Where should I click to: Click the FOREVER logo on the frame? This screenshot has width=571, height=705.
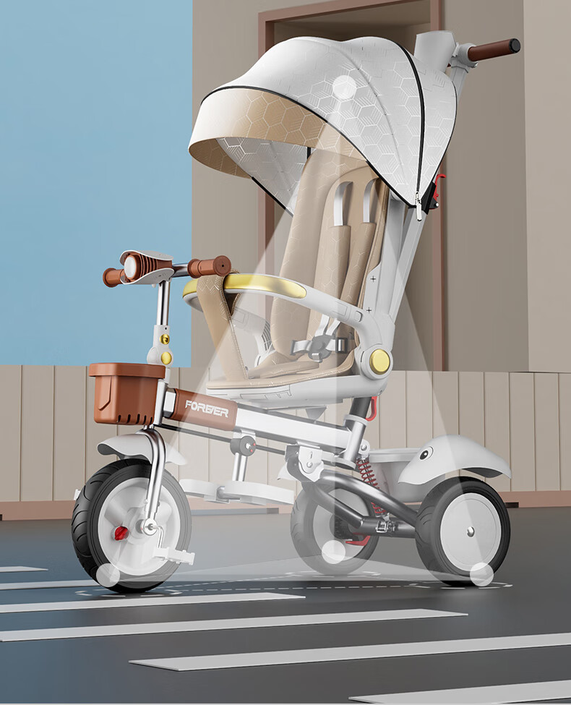pos(207,408)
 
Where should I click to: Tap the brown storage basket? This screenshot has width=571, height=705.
pos(126,393)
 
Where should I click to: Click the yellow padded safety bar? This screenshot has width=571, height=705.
pos(265,285)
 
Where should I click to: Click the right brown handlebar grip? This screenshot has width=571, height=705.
pos(209,267)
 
